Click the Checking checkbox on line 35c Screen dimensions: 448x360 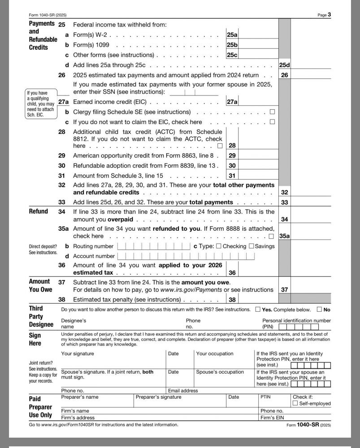(x=218, y=246)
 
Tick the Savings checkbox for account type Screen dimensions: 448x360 (x=251, y=246)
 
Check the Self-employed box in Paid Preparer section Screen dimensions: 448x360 (x=295, y=404)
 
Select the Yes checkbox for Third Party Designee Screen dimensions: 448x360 (x=257, y=310)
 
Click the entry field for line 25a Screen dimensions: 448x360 (x=258, y=34)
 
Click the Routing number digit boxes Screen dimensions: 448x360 (x=154, y=246)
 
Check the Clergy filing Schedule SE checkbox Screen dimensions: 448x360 (x=272, y=112)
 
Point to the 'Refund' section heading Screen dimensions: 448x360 (x=39, y=211)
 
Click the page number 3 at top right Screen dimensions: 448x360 (x=329, y=14)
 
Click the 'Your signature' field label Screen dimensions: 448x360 (x=78, y=353)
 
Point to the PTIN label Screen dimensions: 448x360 (x=266, y=397)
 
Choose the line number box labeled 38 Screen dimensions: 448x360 (x=232, y=299)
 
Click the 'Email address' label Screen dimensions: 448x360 (x=182, y=391)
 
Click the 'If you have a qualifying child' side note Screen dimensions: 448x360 (x=40, y=104)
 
